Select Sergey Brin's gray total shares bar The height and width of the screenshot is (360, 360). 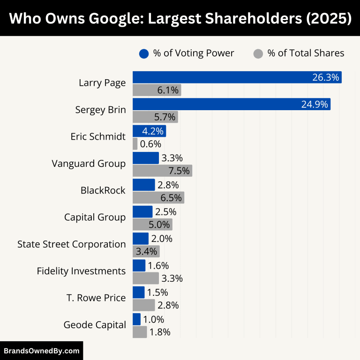pos(155,117)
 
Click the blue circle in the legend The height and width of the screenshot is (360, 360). pos(144,53)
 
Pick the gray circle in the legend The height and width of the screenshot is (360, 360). pos(258,53)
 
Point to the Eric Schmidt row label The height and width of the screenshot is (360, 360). pos(98,137)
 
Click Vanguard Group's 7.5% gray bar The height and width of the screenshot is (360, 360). pos(162,171)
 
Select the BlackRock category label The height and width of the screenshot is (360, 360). pos(103,190)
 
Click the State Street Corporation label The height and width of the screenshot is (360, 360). pos(71,244)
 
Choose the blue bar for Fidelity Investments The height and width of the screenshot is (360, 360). pos(139,265)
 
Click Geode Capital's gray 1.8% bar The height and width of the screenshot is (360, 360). pos(140,332)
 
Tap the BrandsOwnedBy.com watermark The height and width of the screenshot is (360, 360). pos(41,351)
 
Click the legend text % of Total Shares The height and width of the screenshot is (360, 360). pos(306,53)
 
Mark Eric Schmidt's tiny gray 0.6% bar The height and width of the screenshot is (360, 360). pos(135,144)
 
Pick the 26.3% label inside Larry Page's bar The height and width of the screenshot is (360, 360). pos(325,77)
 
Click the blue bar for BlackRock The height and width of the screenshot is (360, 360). pos(143,185)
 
